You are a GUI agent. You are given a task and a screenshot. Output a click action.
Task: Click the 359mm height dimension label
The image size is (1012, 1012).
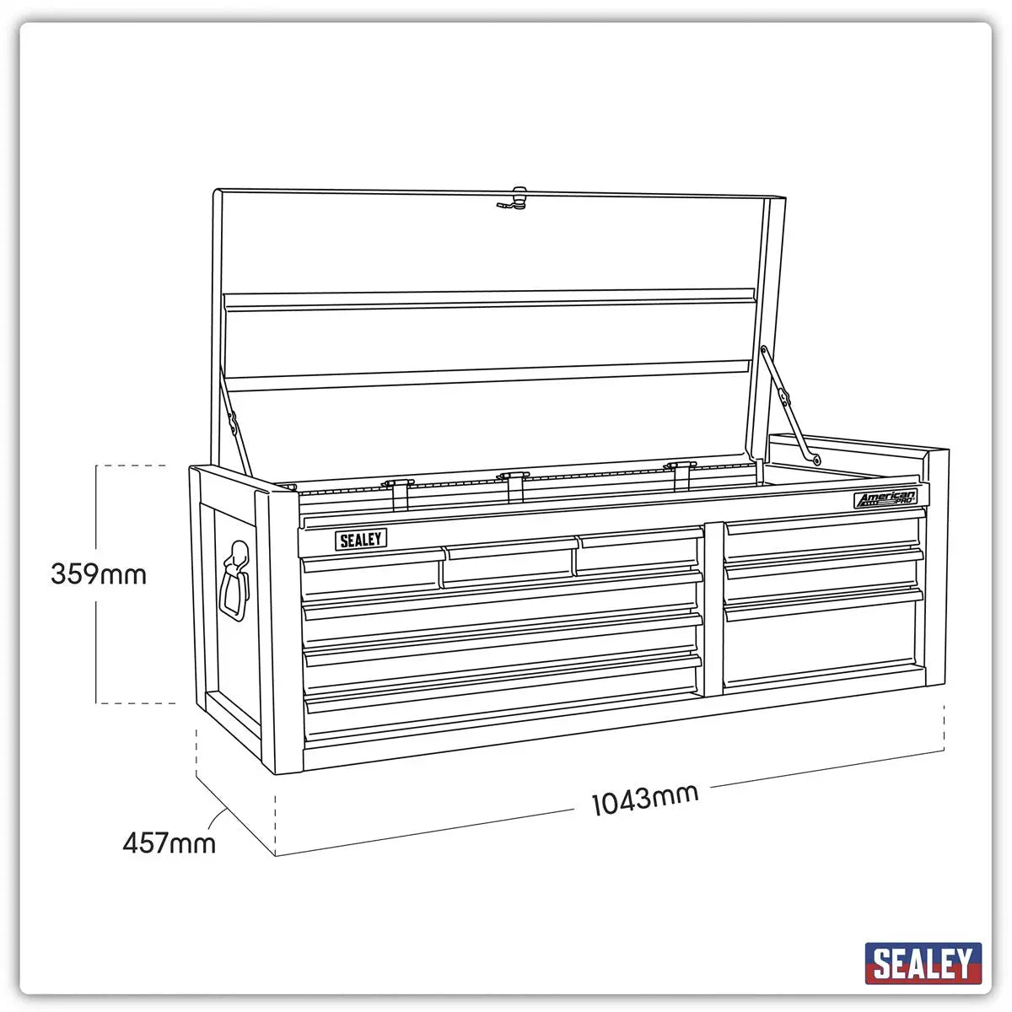98,574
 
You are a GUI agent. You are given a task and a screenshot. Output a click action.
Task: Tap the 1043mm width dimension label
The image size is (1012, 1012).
645,798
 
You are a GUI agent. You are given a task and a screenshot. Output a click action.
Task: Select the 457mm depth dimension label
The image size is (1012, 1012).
169,842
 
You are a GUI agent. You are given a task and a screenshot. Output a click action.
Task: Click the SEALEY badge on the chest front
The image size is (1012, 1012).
361,540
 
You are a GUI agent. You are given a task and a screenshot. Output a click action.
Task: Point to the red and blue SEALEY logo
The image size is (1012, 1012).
923,963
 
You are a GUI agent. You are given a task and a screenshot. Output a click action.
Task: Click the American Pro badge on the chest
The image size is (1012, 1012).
885,499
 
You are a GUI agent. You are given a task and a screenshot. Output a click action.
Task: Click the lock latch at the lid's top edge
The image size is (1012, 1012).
512,200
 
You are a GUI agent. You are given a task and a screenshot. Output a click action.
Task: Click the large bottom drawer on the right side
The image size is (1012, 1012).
821,637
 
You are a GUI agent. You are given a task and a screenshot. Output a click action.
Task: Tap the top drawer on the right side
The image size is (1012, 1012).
821,536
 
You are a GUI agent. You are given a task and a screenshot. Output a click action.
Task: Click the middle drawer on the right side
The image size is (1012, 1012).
821,574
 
